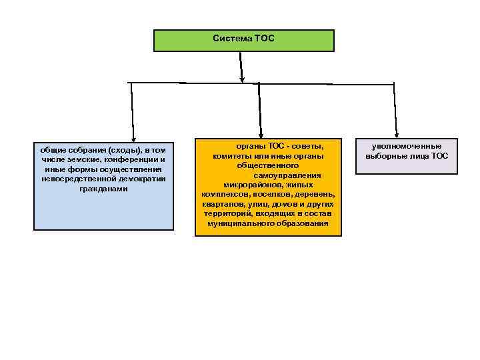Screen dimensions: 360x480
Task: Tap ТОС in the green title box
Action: click(x=263, y=39)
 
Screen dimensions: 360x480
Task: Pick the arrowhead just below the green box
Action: click(x=242, y=77)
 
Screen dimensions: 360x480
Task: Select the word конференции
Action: click(x=134, y=160)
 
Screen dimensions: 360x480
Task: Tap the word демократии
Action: click(x=141, y=179)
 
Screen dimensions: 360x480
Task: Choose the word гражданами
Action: click(x=103, y=189)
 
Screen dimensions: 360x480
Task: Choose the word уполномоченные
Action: click(x=406, y=147)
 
